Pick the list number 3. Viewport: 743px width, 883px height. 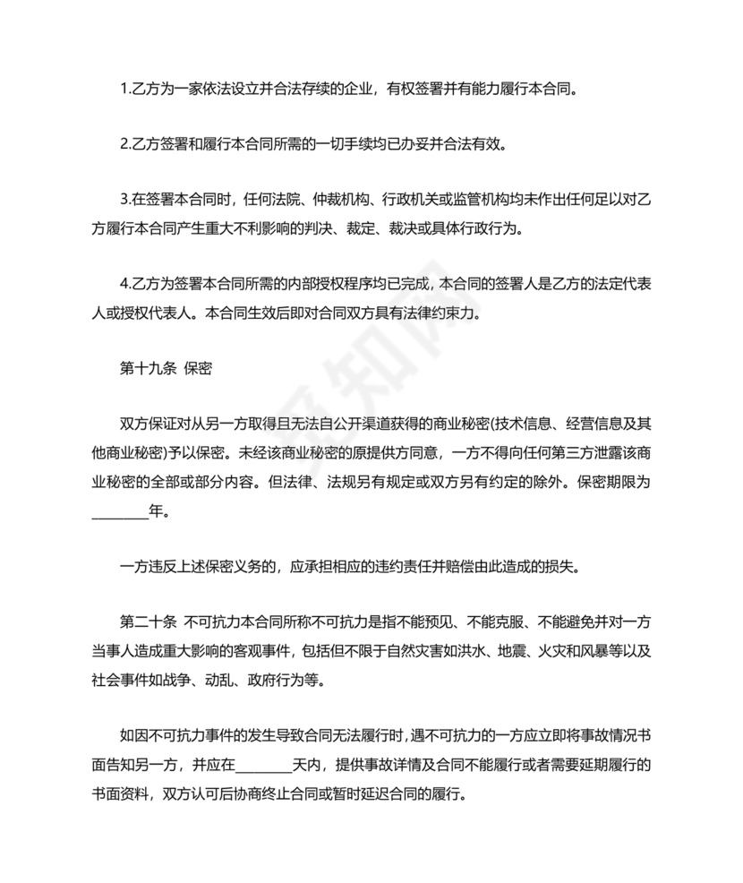[124, 198]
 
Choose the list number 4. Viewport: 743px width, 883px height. [124, 285]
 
